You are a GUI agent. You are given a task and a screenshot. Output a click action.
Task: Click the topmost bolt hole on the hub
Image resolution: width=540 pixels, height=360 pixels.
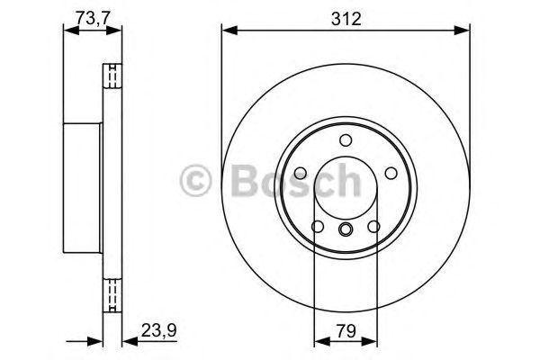pyautogui.click(x=346, y=141)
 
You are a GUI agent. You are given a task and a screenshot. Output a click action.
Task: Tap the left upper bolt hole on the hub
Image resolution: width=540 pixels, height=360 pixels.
pyautogui.click(x=300, y=175)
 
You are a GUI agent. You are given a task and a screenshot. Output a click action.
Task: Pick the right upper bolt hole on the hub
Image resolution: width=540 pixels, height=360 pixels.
pyautogui.click(x=391, y=175)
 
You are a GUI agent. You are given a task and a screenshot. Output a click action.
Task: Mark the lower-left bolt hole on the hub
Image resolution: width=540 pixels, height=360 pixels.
pyautogui.click(x=317, y=227)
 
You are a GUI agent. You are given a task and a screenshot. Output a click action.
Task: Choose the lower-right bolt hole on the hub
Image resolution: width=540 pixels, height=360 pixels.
pyautogui.click(x=374, y=227)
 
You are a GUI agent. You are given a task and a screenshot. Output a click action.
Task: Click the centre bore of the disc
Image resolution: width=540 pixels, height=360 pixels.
pyautogui.click(x=346, y=189)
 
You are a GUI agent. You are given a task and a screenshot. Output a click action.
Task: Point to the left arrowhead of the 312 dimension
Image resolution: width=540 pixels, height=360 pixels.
pyautogui.click(x=227, y=31)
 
